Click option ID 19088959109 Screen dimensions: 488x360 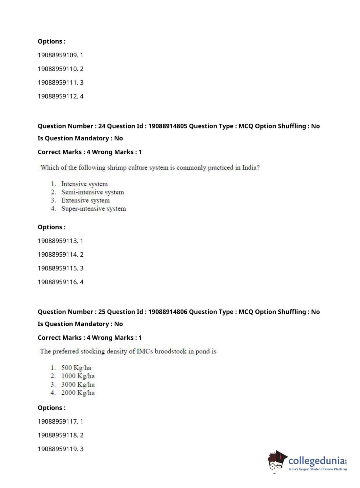pos(58,55)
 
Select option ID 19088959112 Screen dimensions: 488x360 pos(58,96)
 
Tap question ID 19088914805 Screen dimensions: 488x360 pos(168,126)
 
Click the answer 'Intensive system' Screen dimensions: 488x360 pos(84,184)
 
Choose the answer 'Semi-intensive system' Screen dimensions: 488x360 pos(92,192)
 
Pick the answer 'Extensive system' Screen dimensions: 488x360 pos(85,200)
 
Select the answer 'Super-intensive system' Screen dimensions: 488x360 pos(94,209)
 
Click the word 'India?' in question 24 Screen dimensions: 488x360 pos(251,167)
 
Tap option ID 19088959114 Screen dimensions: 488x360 pos(58,254)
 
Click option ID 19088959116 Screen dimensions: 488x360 pos(58,282)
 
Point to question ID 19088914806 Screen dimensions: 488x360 pos(168,312)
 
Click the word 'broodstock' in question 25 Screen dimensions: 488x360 pos(170,351)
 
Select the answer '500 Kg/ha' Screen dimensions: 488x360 pos(76,367)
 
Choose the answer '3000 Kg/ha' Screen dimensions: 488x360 pos(78,384)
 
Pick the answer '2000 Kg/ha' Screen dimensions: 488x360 pos(78,393)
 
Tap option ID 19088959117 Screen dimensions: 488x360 pos(58,421)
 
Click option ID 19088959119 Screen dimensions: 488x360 pos(58,449)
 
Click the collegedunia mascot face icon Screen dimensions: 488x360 pos(277,461)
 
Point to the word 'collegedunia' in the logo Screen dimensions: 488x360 pos(316,461)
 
